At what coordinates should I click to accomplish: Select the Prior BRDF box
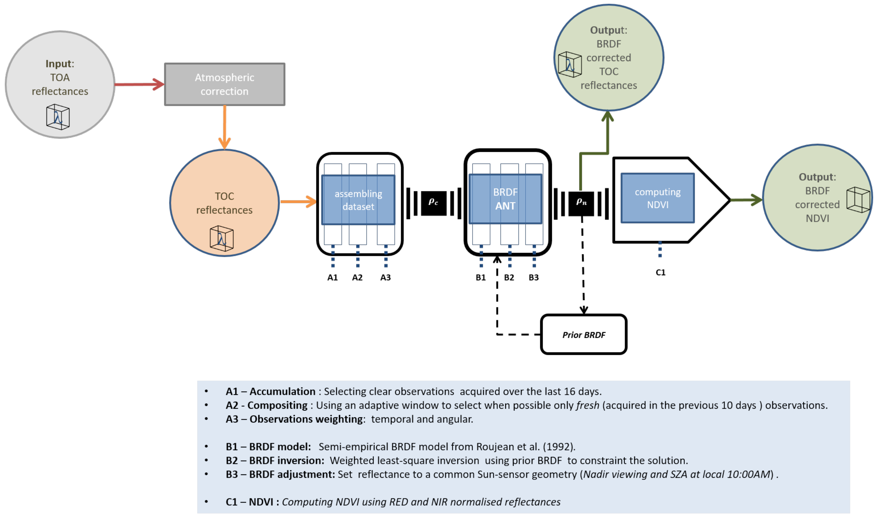point(583,335)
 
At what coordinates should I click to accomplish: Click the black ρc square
point(433,203)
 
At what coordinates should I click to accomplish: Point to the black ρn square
point(581,203)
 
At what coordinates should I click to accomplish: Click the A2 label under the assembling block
point(357,277)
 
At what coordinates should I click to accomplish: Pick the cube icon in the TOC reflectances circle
point(221,239)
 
